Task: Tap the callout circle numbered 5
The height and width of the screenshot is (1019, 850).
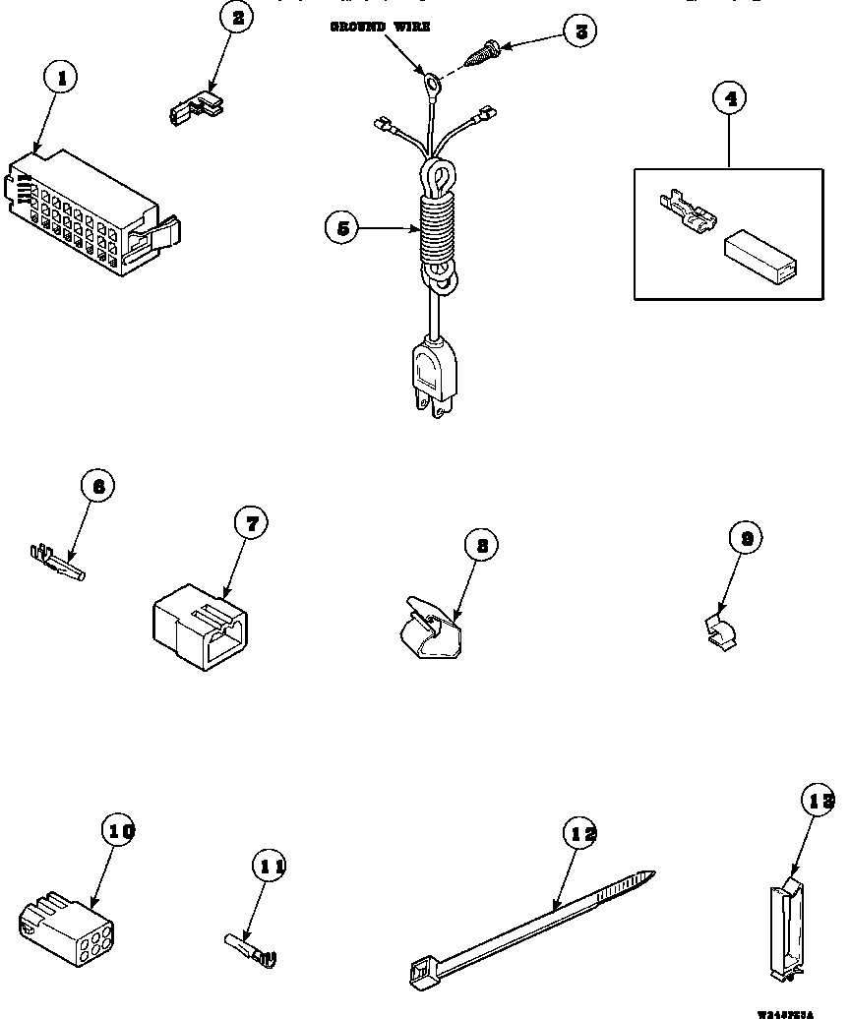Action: coord(341,228)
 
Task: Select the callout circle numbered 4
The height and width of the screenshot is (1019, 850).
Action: coord(729,98)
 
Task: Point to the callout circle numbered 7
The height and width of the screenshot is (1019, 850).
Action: coord(251,524)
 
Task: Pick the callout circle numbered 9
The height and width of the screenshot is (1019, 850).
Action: coord(747,537)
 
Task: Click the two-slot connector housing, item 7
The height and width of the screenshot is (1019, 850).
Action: coord(200,629)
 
